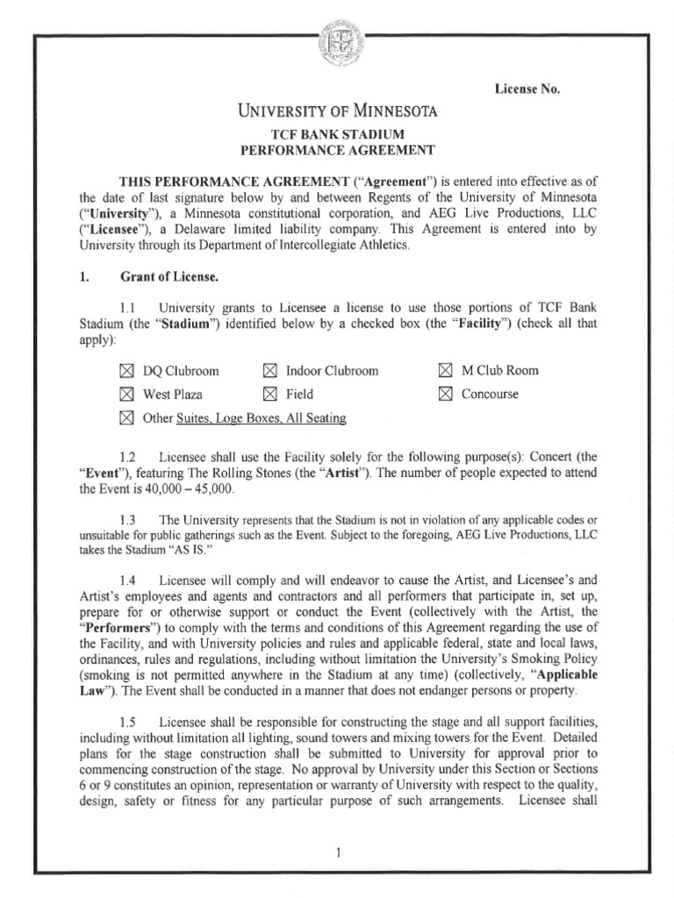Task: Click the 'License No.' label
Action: pos(527,89)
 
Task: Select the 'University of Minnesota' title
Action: pos(338,111)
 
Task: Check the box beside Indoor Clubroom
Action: pos(269,371)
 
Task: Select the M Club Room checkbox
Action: pos(445,371)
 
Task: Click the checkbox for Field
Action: pos(269,395)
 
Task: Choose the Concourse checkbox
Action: pos(445,395)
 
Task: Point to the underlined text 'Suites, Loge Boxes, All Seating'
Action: pos(261,418)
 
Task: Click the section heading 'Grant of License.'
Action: pos(169,278)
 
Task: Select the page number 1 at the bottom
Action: pos(337,850)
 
